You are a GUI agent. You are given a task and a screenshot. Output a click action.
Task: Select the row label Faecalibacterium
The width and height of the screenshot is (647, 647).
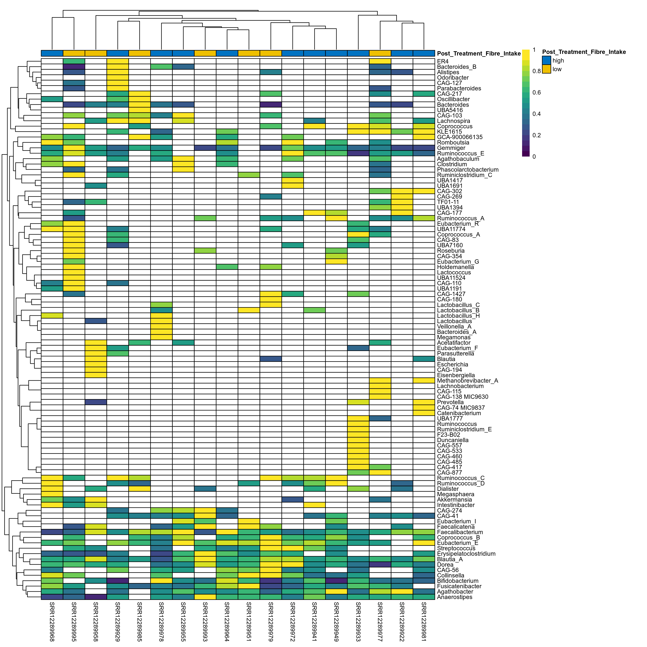coord(460,532)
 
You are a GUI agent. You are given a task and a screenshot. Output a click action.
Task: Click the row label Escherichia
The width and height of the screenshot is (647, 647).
coord(452,364)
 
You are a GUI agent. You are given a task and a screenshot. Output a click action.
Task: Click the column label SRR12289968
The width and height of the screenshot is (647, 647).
coord(52,621)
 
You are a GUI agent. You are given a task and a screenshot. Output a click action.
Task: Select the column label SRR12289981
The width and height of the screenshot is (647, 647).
coord(424,621)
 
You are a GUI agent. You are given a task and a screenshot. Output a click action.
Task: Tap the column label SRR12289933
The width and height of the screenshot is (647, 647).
coord(358,621)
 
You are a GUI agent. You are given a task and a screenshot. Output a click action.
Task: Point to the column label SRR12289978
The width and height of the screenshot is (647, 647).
coord(161,621)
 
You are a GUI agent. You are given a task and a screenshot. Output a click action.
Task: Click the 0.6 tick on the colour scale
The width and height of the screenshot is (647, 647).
coord(536,92)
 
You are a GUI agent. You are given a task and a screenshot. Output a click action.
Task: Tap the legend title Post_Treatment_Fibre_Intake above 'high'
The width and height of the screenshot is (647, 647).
coord(584,52)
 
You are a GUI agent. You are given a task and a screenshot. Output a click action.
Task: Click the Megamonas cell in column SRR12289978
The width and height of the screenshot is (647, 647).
coord(161,337)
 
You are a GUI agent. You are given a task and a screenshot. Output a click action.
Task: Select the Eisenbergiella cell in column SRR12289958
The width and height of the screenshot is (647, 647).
coord(96,375)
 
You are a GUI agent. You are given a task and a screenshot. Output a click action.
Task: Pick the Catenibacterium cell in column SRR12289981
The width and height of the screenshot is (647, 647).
coord(424,413)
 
